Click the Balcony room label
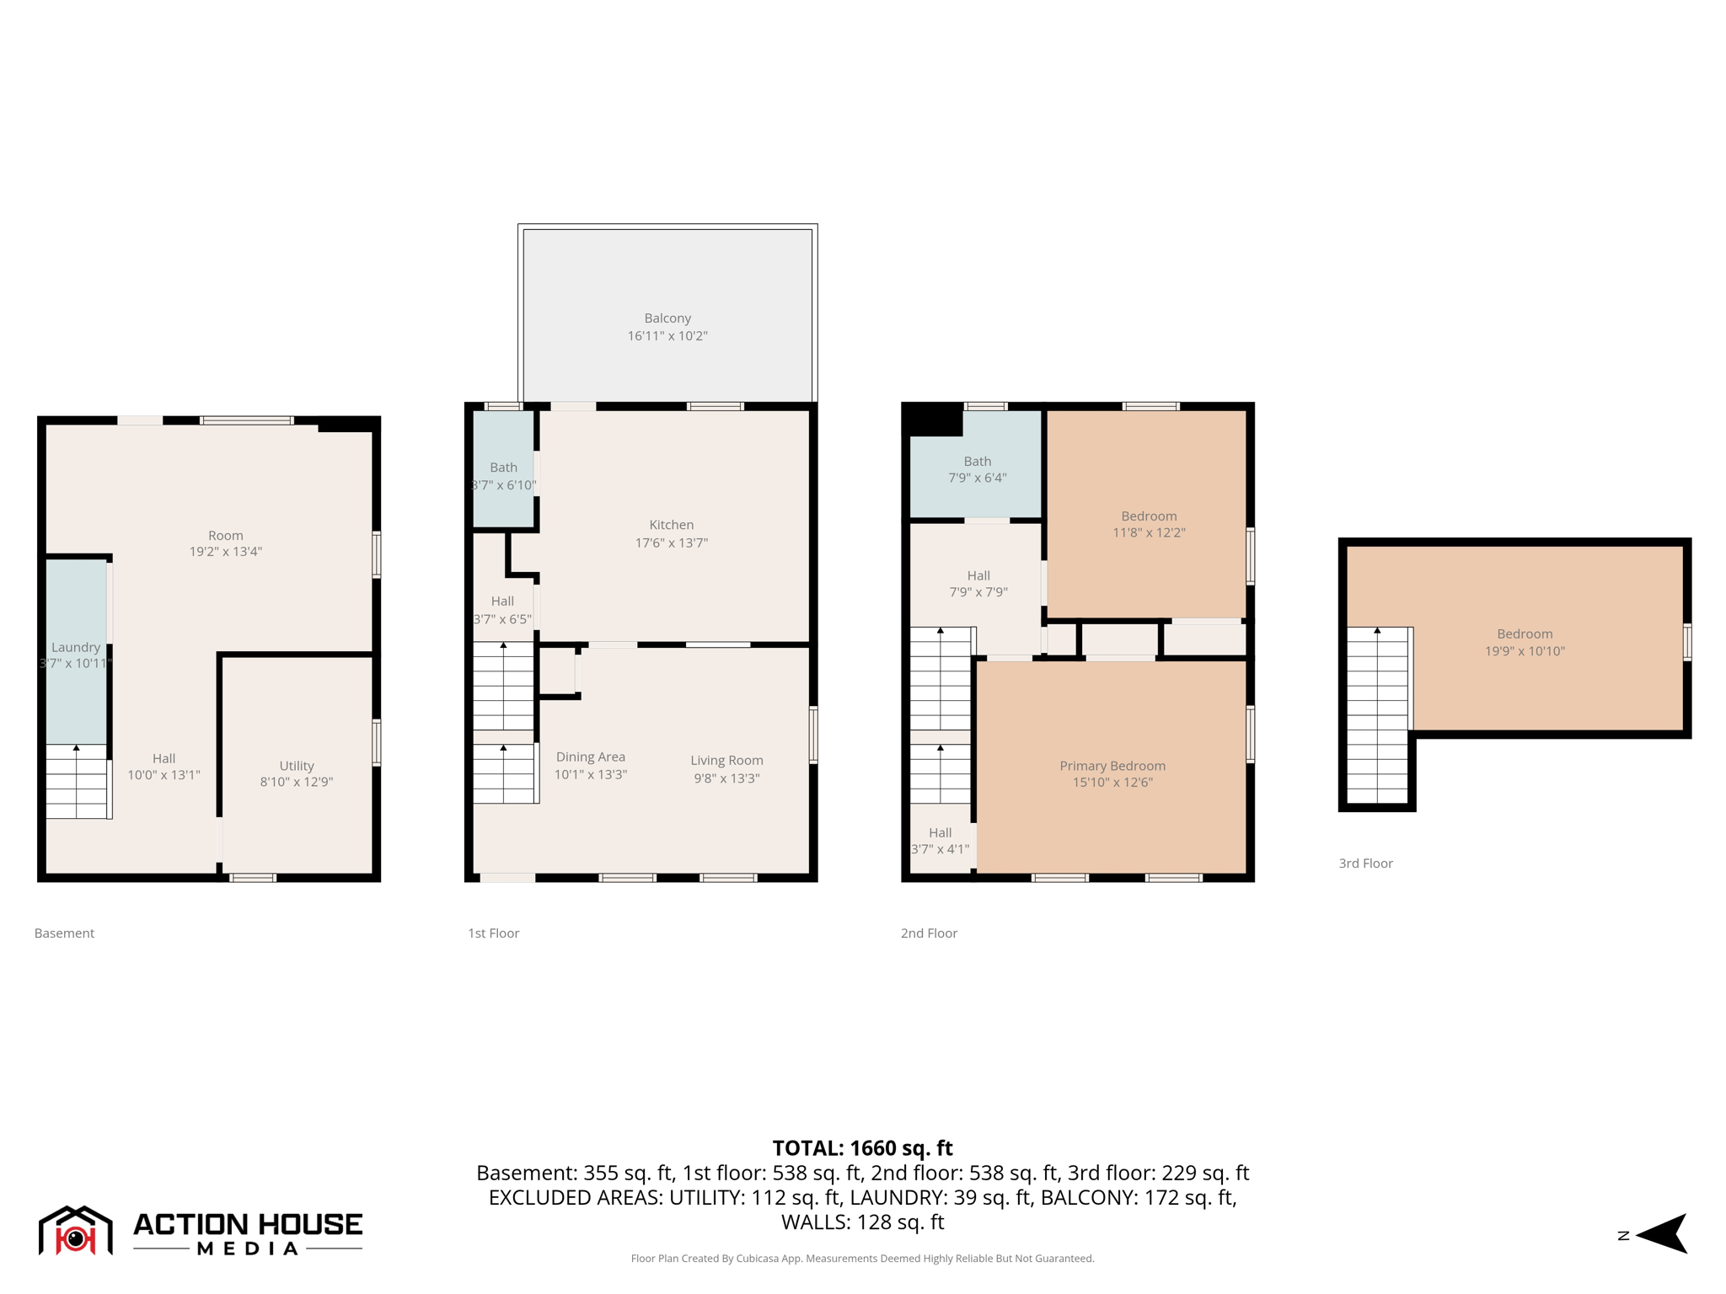pos(667,318)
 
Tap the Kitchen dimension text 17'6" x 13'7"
pos(671,543)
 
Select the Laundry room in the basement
pos(76,649)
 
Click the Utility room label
pos(297,766)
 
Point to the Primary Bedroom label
pos(1112,766)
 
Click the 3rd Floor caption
pos(1365,864)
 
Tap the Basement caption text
pos(64,933)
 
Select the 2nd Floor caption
pos(929,933)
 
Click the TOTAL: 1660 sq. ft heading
pos(862,1148)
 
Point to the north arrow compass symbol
pos(1662,1235)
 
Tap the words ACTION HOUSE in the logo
pos(248,1224)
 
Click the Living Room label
pos(726,761)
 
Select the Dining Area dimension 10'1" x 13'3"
pos(590,775)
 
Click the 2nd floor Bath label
pos(977,462)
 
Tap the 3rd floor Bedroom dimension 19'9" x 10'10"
pos(1524,651)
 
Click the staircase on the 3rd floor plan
pos(1377,716)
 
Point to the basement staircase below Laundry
pos(77,782)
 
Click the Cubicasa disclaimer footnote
pos(862,1259)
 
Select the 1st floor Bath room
pos(503,468)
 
